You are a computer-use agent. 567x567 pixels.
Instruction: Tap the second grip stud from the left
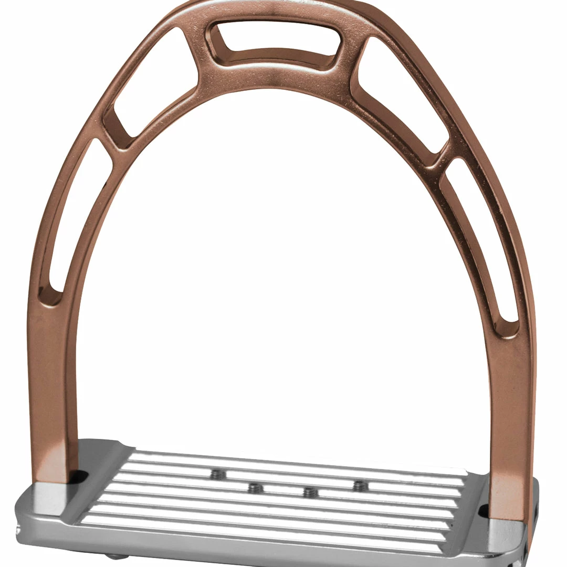(255, 488)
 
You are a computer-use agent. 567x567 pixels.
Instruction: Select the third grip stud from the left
(310, 492)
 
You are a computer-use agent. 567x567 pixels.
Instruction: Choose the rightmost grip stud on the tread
(360, 486)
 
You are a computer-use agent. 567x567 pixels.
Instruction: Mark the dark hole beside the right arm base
(484, 508)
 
